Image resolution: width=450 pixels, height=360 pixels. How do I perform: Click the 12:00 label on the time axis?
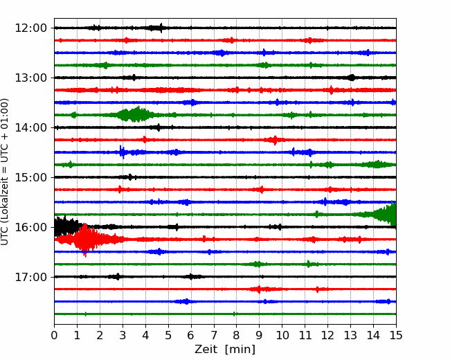pos(30,28)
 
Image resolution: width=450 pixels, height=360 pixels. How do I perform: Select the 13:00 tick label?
pos(30,78)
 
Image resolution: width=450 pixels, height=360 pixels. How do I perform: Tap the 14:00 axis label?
pos(30,127)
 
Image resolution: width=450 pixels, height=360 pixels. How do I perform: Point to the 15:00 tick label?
pos(30,177)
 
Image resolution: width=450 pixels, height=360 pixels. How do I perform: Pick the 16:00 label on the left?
pos(30,227)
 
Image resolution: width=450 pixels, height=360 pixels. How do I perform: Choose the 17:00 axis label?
pos(30,277)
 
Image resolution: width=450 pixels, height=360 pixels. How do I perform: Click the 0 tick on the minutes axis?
pos(54,335)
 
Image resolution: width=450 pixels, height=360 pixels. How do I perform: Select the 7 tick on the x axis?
pos(214,335)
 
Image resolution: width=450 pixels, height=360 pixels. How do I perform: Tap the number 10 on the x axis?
pos(282,335)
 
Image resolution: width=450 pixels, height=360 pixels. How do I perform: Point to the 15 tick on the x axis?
pos(396,335)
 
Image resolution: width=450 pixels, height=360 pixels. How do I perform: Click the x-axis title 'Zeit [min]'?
pos(225,350)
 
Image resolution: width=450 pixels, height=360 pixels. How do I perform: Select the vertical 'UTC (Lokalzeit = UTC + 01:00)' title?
pos(4,172)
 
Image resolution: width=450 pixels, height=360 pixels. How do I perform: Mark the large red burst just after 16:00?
pos(86,240)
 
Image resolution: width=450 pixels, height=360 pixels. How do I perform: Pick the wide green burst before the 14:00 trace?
pos(134,114)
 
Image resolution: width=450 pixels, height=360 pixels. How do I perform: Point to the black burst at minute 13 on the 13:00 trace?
pos(351,78)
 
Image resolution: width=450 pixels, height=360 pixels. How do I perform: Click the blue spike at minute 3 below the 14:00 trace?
pos(123,152)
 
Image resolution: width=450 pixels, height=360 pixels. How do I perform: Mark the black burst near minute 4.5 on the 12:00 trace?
pos(156,28)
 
